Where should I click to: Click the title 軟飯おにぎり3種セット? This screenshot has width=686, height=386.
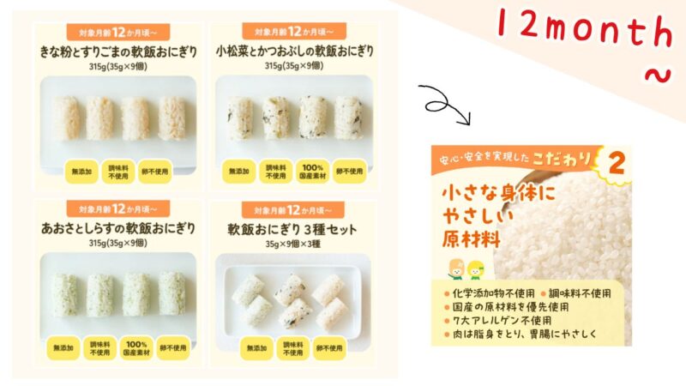pyautogui.click(x=291, y=230)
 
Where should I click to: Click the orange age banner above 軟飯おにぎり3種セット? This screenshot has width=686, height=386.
pyautogui.click(x=286, y=209)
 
